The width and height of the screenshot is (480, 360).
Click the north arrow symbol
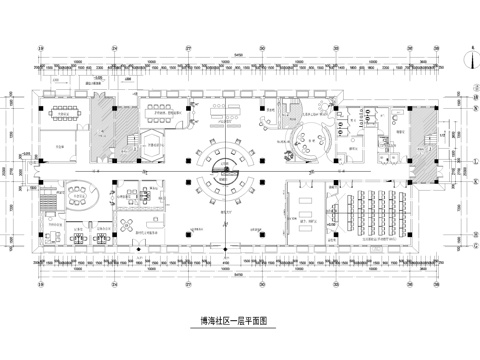pyautogui.click(x=467, y=57)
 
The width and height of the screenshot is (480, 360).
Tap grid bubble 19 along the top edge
pyautogui.click(x=40, y=48)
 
